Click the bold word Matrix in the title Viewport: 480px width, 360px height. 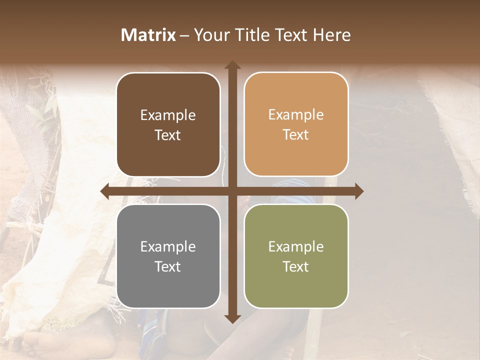tap(148, 35)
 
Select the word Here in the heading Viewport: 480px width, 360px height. tap(331, 35)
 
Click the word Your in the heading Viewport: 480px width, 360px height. tap(211, 35)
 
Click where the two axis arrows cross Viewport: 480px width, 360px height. tap(232, 191)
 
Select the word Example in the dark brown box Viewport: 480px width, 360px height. tap(168, 115)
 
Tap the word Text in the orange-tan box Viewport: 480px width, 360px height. tap(296, 135)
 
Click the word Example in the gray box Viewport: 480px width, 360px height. tap(168, 247)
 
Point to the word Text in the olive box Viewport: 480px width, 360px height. tap(296, 266)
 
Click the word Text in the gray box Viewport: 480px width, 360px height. tap(168, 266)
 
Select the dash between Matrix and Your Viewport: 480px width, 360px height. tap(184, 35)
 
